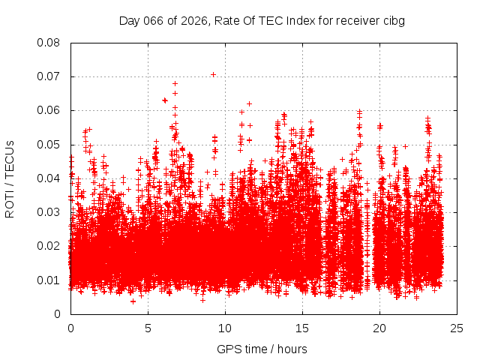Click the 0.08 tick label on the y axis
[x=50, y=43]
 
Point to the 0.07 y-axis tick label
[x=50, y=76]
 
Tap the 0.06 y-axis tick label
[x=50, y=110]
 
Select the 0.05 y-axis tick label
[x=50, y=144]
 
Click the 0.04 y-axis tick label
[x=50, y=178]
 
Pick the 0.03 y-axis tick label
[x=50, y=212]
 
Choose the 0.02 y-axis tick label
[x=50, y=246]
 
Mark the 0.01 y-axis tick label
[x=50, y=280]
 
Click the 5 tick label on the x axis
[x=148, y=328]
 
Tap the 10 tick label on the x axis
[x=225, y=328]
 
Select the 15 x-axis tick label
[x=302, y=328]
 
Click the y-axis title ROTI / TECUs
[x=10, y=178]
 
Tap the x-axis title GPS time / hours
[x=262, y=349]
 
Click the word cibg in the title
[x=394, y=20]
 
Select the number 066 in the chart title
[x=154, y=20]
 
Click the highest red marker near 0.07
[x=214, y=74]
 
